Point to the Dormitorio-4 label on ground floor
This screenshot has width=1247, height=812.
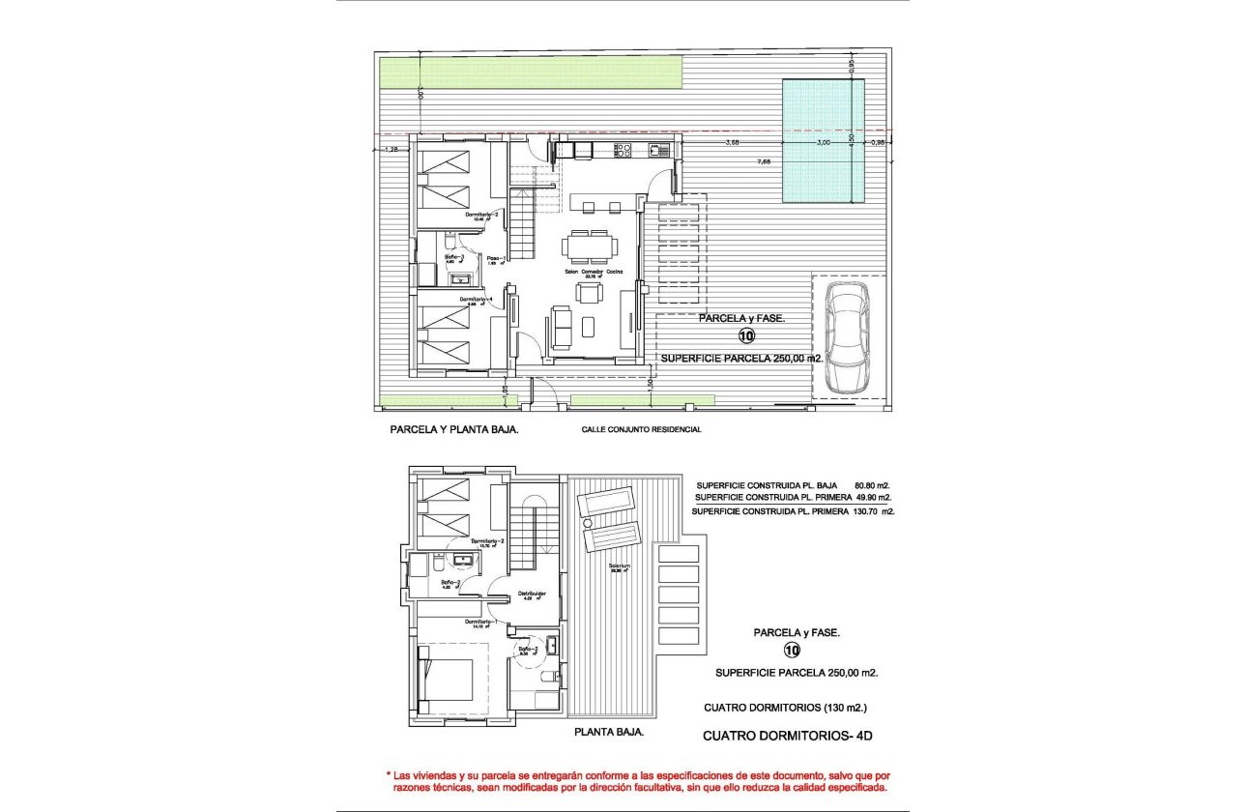coord(478,300)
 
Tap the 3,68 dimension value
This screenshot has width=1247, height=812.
coord(733,143)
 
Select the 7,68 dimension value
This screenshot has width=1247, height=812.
coord(764,161)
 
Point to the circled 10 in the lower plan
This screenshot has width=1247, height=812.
coord(793,651)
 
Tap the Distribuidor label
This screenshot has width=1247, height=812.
coord(533,594)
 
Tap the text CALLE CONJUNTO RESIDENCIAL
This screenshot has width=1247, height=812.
coord(641,429)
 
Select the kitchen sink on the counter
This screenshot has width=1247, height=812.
coord(660,150)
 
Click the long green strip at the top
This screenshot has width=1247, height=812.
coord(530,70)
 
